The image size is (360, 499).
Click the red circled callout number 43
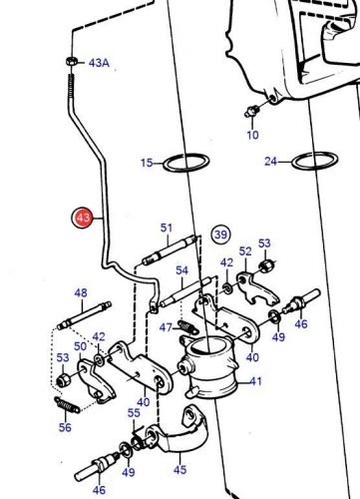pyautogui.click(x=83, y=219)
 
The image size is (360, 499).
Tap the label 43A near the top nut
pyautogui.click(x=99, y=63)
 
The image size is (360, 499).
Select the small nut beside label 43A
pyautogui.click(x=71, y=61)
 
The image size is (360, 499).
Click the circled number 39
pyautogui.click(x=220, y=235)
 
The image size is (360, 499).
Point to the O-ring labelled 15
pyautogui.click(x=186, y=163)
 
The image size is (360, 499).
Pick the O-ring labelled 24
pyautogui.click(x=315, y=161)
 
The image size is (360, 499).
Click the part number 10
pyautogui.click(x=252, y=135)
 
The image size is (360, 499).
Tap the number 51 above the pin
pyautogui.click(x=167, y=228)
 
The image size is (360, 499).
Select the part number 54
pyautogui.click(x=181, y=270)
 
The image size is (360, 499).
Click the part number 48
pyautogui.click(x=81, y=293)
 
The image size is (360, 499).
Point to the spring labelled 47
pyautogui.click(x=188, y=327)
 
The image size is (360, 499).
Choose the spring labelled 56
pyautogui.click(x=67, y=405)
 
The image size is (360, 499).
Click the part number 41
pyautogui.click(x=255, y=381)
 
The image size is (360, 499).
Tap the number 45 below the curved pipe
pyautogui.click(x=180, y=470)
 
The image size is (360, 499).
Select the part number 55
pyautogui.click(x=134, y=413)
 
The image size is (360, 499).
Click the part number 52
pyautogui.click(x=245, y=251)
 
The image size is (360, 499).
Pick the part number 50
pyautogui.click(x=80, y=346)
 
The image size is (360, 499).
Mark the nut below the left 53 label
pyautogui.click(x=63, y=379)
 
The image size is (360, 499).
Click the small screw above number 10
pyautogui.click(x=251, y=111)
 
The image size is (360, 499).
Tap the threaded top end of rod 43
pyautogui.click(x=71, y=86)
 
